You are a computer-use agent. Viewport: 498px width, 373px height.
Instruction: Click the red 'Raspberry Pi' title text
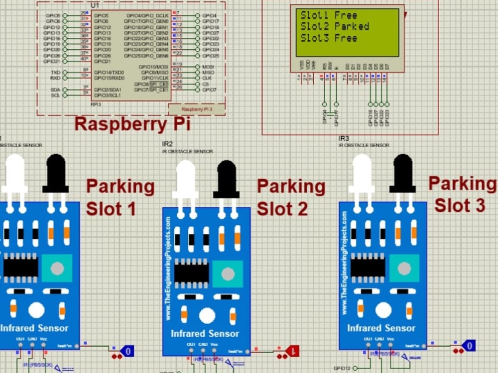point(132,124)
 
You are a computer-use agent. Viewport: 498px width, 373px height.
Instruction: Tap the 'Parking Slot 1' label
point(120,197)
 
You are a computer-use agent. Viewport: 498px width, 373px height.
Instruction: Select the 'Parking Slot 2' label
point(291,197)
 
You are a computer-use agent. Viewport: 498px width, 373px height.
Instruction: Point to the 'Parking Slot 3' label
point(462,194)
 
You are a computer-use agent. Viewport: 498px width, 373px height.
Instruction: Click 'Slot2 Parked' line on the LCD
point(334,26)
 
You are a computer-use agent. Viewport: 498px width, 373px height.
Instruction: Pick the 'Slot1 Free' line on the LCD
point(329,15)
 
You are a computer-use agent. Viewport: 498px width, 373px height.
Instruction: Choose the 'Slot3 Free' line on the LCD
point(329,38)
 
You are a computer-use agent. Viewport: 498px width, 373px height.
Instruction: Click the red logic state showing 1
point(293,351)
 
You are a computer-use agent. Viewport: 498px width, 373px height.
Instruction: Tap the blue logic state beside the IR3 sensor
point(468,345)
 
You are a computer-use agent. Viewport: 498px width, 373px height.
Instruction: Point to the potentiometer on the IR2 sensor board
point(228,274)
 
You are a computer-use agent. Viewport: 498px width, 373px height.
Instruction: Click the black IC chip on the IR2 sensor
point(191,273)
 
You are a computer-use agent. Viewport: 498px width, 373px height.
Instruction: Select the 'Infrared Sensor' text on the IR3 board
point(381,328)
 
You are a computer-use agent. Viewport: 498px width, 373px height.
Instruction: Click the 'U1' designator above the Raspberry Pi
point(95,5)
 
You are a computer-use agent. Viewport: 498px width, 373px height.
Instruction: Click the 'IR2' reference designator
point(167,144)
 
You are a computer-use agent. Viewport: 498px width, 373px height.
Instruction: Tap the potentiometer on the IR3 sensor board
point(404,268)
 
